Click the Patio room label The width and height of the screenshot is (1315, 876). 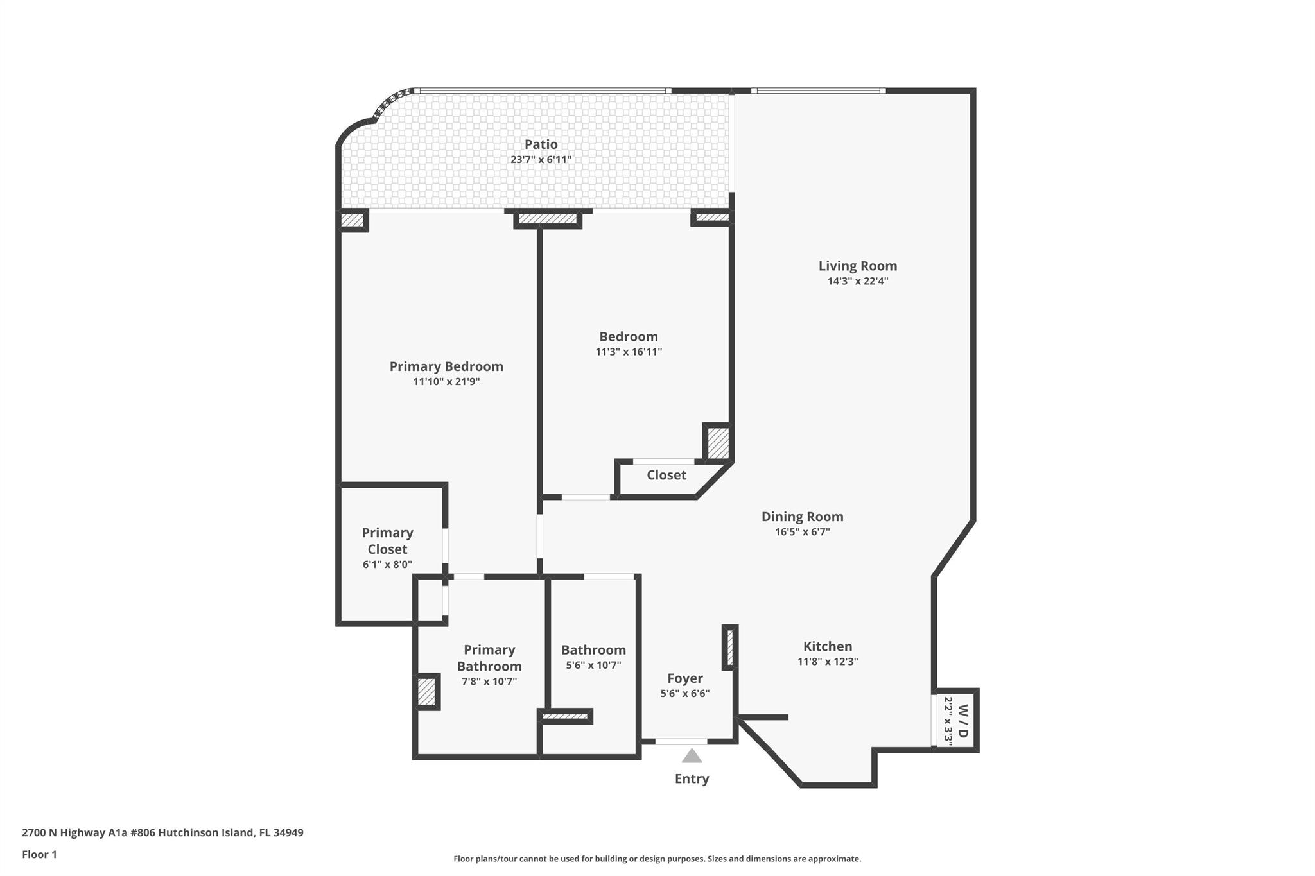(x=541, y=144)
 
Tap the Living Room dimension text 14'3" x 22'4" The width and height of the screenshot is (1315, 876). (x=858, y=281)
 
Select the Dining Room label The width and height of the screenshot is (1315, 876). (x=803, y=517)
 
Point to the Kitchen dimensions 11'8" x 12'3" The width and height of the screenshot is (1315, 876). (x=828, y=662)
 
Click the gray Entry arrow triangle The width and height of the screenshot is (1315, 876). (x=692, y=756)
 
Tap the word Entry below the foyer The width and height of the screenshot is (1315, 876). (x=692, y=778)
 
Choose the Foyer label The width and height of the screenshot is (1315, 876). (x=685, y=678)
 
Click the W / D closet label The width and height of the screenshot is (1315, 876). (x=962, y=721)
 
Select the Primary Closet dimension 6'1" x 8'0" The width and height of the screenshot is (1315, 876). (x=387, y=565)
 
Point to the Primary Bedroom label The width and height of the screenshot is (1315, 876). (x=446, y=366)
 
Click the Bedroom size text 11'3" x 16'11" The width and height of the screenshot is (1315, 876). (x=629, y=352)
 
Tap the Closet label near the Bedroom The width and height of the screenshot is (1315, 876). (x=666, y=475)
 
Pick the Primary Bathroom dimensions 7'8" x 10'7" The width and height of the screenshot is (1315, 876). (x=489, y=682)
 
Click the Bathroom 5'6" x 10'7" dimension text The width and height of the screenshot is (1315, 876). (x=593, y=666)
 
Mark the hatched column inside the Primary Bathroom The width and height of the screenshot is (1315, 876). (x=426, y=692)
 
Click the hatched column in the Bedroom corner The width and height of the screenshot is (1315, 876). (x=718, y=442)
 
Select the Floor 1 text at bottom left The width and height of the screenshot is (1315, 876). (x=39, y=854)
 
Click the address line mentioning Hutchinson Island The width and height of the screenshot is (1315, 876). (x=162, y=832)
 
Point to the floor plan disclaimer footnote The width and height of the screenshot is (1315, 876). (x=657, y=859)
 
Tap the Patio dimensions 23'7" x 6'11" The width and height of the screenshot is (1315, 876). (x=541, y=159)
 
